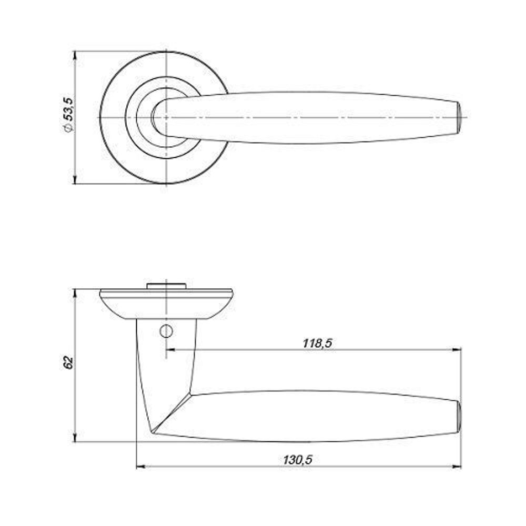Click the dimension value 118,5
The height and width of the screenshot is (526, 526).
[317, 343]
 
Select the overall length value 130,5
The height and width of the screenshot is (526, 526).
[298, 460]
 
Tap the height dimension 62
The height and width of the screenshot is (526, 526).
[67, 363]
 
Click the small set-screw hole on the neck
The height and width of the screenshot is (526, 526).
[166, 331]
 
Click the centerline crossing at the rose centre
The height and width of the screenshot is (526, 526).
[166, 117]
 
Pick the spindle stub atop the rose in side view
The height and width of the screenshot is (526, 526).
[166, 286]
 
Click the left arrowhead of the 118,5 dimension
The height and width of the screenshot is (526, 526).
[170, 349]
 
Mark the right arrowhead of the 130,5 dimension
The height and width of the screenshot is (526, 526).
[458, 467]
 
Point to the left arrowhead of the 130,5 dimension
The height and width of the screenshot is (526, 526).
[140, 467]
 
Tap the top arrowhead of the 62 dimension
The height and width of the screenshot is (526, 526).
[76, 292]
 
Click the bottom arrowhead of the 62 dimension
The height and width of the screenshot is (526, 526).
[76, 438]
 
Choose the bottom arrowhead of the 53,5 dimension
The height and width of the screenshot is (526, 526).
[76, 180]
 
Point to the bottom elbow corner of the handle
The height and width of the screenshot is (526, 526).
[153, 433]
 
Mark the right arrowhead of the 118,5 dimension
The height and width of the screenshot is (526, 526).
[458, 349]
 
